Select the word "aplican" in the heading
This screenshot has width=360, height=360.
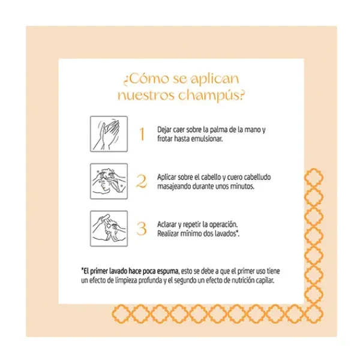(215, 79)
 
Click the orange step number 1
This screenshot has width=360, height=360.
(142, 134)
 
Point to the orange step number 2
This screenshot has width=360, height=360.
(141, 181)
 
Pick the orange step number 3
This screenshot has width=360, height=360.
(141, 229)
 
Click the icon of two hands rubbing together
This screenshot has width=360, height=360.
(109, 134)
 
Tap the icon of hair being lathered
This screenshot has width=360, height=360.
(109, 181)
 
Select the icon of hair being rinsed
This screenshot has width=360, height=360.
(109, 229)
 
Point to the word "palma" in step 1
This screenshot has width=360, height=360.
(217, 130)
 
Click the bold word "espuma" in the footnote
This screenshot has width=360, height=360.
(167, 271)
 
